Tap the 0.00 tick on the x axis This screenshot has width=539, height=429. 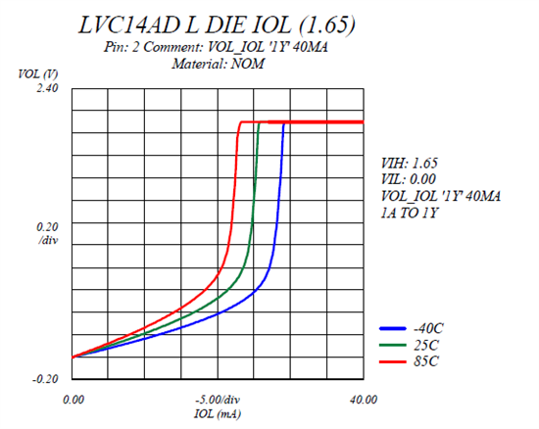click(73, 400)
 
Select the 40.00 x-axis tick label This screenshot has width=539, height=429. click(364, 400)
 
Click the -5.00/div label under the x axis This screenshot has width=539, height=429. click(218, 400)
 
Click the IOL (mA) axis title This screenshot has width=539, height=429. click(218, 413)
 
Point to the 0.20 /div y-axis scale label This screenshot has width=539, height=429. click(46, 232)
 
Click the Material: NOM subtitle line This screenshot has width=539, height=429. click(219, 64)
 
